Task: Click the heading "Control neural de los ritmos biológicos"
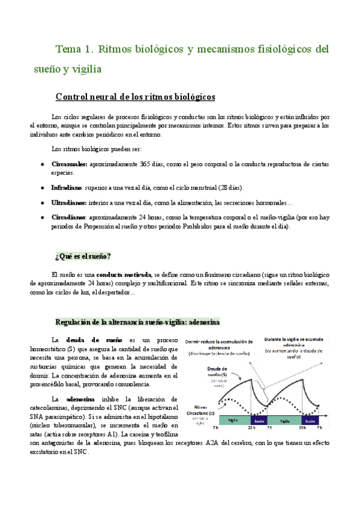[x=136, y=97]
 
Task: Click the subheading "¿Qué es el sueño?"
[x=83, y=257]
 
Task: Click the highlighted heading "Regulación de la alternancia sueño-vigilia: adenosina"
[x=137, y=322]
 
